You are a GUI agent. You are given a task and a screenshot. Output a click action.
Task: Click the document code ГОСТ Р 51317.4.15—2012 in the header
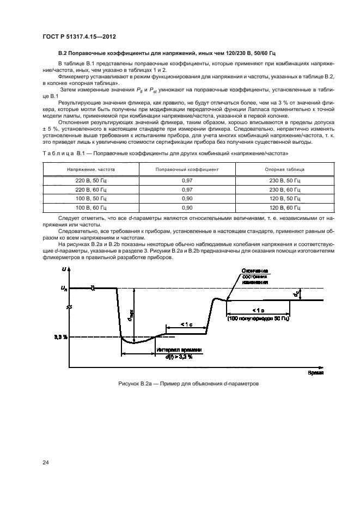80,38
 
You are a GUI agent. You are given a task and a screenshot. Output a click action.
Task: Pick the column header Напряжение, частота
91,169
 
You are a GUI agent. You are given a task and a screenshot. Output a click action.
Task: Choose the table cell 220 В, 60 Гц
91,189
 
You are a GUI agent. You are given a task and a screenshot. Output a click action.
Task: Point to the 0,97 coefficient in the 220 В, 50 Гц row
187,180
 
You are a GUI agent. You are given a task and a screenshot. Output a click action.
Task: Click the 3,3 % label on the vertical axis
60,337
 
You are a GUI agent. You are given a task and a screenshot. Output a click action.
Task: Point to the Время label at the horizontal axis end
315,373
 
